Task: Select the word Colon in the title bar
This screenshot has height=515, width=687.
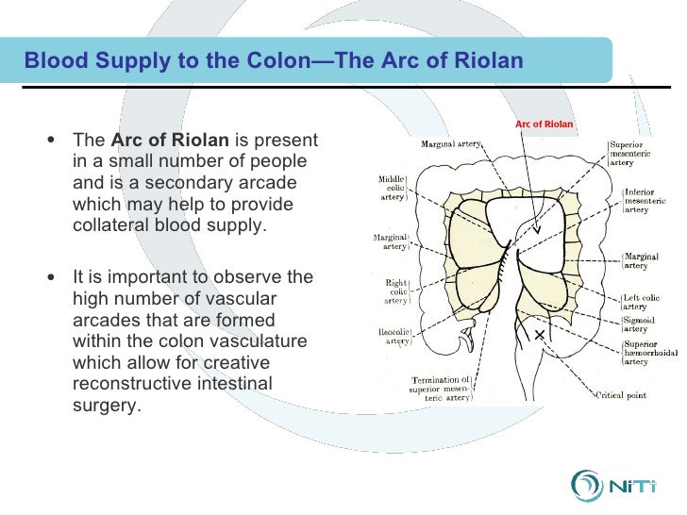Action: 268,62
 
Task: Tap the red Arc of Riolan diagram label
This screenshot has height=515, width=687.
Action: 544,124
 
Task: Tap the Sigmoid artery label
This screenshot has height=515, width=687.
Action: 638,324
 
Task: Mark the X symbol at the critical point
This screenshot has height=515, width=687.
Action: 540,336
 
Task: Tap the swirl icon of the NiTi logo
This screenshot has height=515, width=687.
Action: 588,486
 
